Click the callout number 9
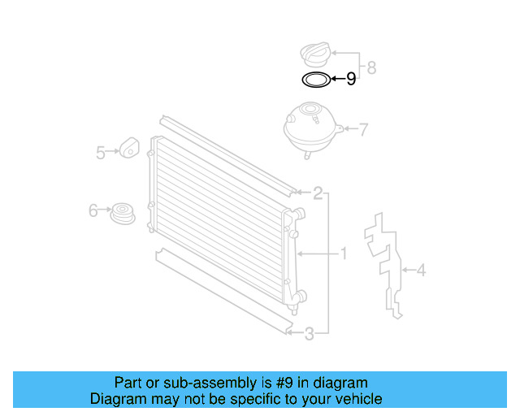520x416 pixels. (351, 79)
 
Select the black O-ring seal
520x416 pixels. (315, 80)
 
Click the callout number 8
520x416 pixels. (371, 67)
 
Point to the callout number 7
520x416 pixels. (364, 128)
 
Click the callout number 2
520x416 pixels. (318, 193)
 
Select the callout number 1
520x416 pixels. (343, 254)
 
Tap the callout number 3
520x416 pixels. (309, 332)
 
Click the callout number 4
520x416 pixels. (421, 271)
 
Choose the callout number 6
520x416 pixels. (93, 212)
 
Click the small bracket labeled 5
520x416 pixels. (129, 147)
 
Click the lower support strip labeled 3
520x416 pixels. (219, 288)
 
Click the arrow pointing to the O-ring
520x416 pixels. (337, 80)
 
